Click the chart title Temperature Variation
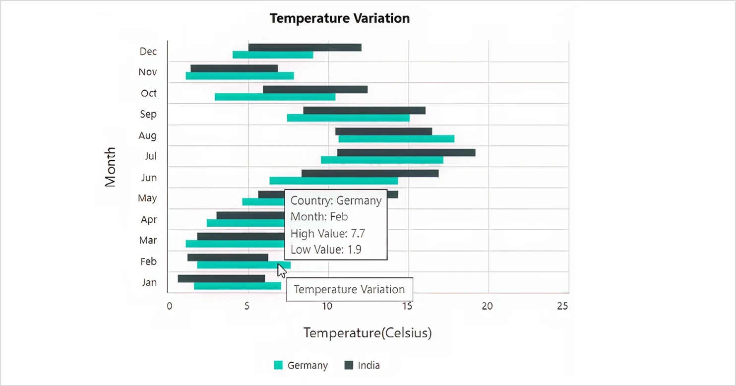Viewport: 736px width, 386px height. pos(339,19)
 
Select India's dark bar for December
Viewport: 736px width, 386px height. pos(305,48)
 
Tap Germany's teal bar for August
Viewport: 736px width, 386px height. pos(396,139)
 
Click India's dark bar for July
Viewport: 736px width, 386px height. pos(406,152)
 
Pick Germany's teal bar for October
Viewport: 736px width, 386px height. pos(275,97)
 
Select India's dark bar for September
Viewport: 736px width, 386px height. pos(364,111)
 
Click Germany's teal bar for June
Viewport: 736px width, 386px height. pos(333,181)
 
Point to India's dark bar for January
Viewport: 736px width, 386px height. pos(221,279)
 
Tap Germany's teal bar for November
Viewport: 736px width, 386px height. pos(240,76)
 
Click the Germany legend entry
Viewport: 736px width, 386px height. pos(301,366)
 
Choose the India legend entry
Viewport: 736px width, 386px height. pos(362,366)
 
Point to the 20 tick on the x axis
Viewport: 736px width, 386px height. pos(488,306)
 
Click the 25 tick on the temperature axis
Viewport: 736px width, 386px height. pos(562,306)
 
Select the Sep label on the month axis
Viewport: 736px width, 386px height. pos(148,114)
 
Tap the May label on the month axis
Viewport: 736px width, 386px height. pos(147,198)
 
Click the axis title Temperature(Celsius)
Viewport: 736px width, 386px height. pos(368,333)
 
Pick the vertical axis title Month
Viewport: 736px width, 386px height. pos(110,167)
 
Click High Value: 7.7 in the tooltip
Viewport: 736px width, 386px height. pos(328,233)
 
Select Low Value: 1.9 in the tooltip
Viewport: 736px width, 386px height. pos(326,250)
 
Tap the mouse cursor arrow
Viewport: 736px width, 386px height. pos(281,270)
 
